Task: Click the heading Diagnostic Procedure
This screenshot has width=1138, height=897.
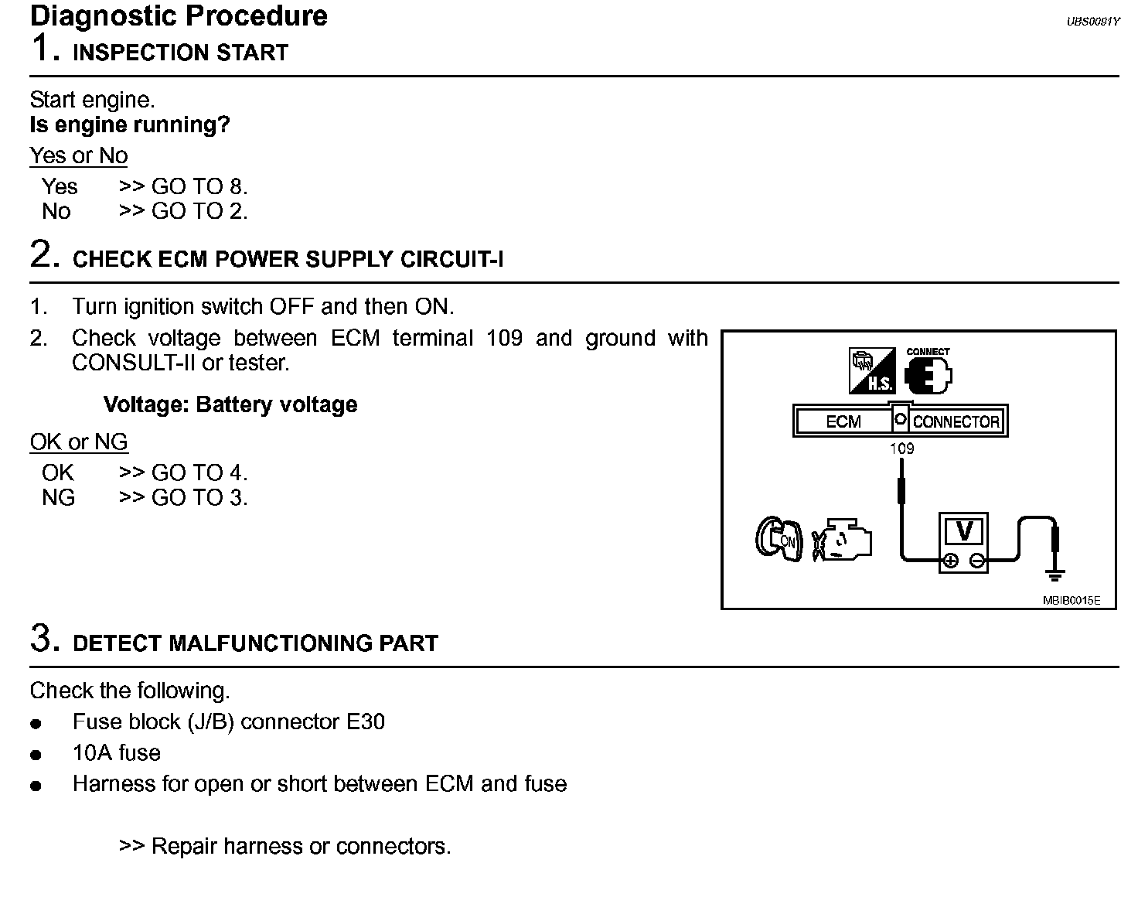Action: (x=179, y=15)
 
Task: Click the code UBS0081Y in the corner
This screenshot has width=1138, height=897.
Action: (x=1092, y=22)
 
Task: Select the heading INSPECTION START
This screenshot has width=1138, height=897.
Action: (x=180, y=53)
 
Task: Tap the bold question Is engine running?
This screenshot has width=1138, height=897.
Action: (x=130, y=124)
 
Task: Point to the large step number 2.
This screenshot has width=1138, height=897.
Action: (x=44, y=254)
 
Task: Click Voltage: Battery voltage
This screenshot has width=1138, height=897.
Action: (x=230, y=404)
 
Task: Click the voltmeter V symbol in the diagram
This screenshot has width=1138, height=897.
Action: (x=963, y=532)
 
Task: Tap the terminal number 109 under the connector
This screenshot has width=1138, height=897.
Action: (x=901, y=448)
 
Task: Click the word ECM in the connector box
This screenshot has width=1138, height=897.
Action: (x=843, y=421)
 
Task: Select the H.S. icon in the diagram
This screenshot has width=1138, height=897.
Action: (x=872, y=372)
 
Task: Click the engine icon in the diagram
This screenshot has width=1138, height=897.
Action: (x=843, y=539)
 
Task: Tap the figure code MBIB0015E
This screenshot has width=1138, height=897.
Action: (x=1071, y=600)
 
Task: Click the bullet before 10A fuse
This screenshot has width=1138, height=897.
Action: (x=36, y=755)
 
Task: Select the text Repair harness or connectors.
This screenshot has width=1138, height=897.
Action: (x=301, y=846)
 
